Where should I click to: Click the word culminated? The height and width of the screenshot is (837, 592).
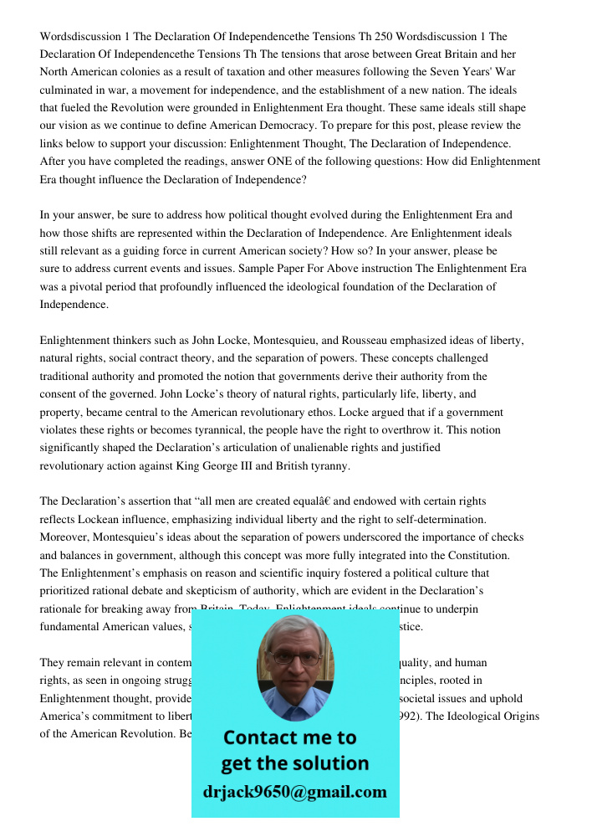69,90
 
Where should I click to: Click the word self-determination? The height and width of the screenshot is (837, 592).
457,520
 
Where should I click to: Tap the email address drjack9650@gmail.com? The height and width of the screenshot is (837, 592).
295,792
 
